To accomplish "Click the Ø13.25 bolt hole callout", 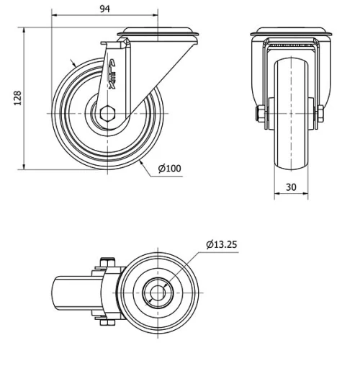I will coord(222,244).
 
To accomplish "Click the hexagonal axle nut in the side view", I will coord(107,113).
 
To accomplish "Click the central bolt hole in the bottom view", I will coord(156,293).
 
